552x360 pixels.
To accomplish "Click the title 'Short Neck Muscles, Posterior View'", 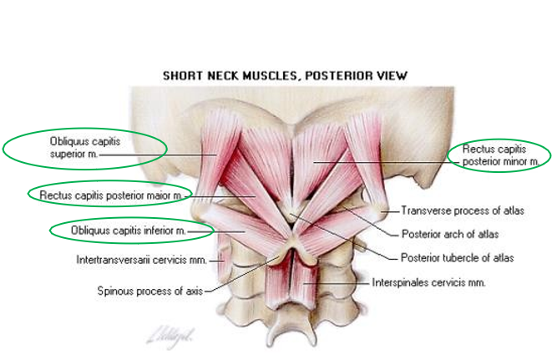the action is point(284,76).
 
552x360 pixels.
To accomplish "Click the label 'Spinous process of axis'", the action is point(149,292).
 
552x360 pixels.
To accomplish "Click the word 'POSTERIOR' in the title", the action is point(323,76).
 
